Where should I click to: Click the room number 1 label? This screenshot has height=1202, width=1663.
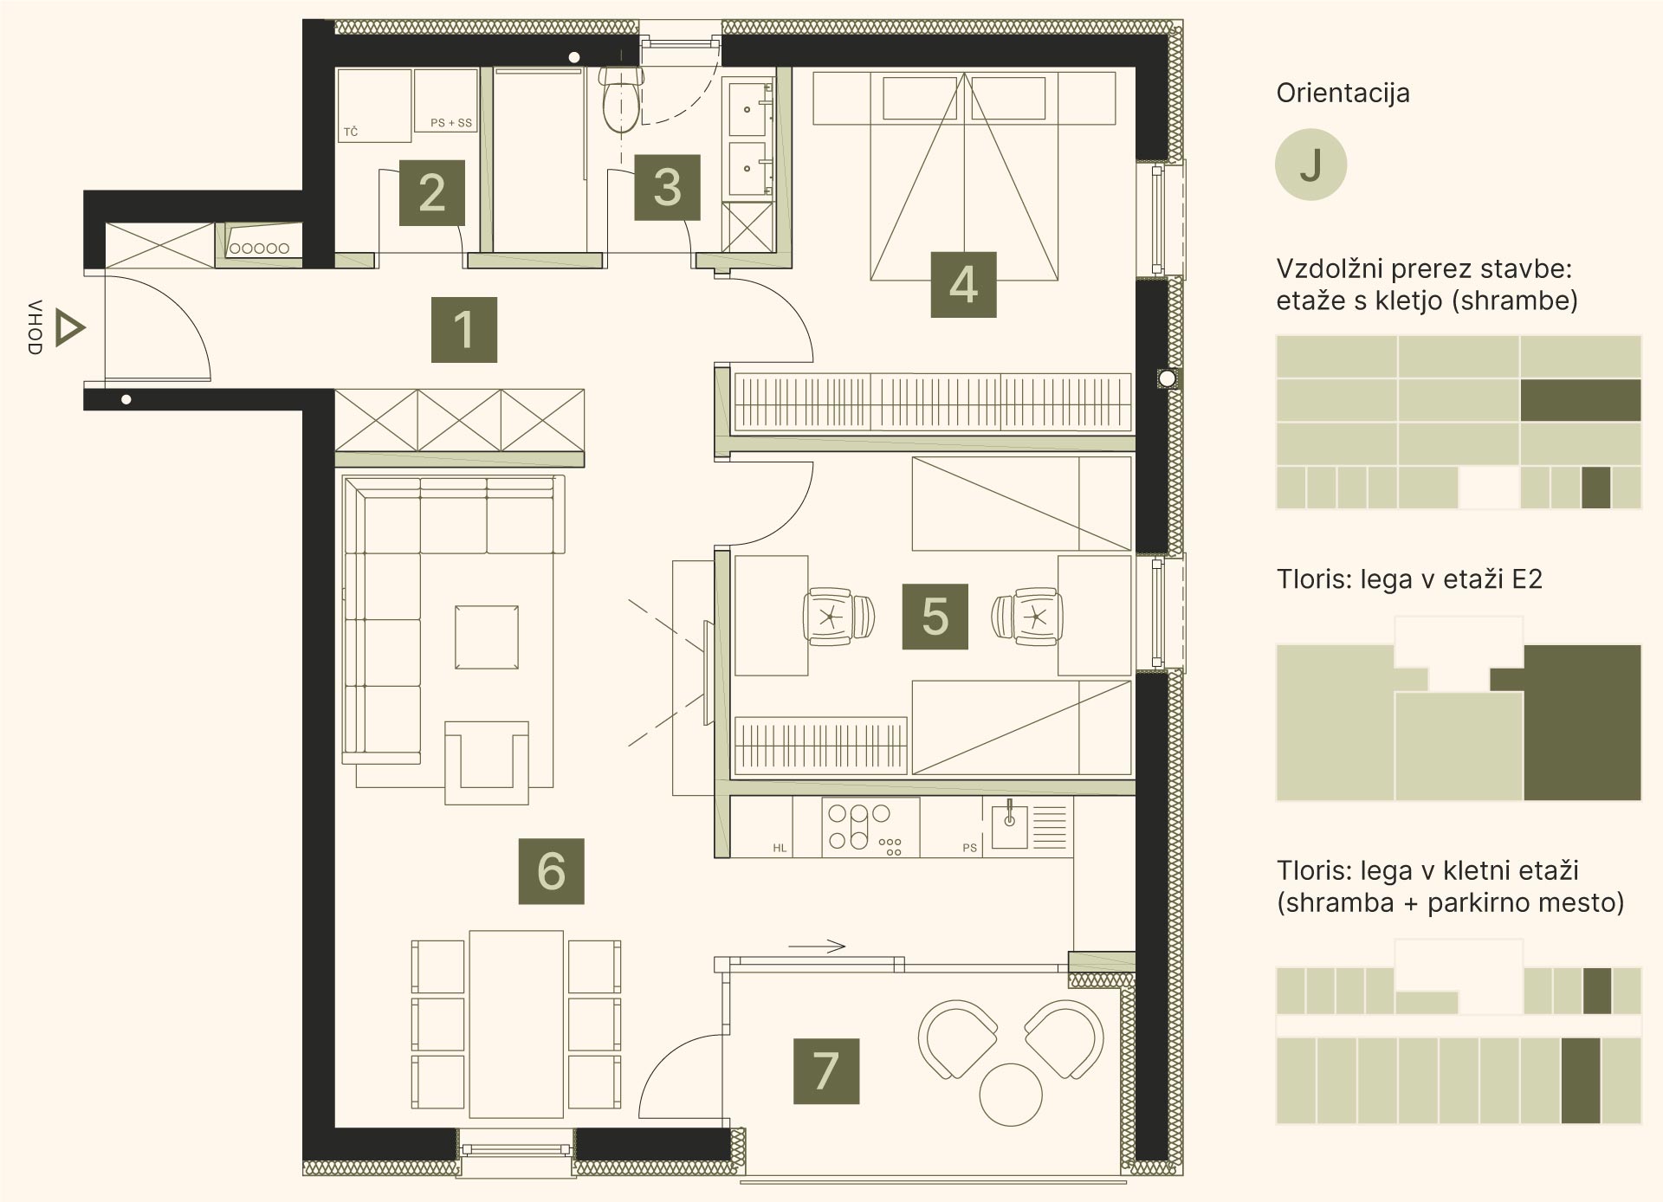click(464, 330)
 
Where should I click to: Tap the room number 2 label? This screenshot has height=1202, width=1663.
click(432, 193)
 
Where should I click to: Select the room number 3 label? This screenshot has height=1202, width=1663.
click(667, 187)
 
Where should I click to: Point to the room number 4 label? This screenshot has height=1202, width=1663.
click(963, 285)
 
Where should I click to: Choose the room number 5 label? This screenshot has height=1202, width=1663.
click(935, 617)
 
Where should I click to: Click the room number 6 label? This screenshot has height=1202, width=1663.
click(552, 871)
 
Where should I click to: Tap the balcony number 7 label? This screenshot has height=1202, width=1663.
click(826, 1071)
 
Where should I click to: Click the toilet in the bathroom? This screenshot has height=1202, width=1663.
click(620, 99)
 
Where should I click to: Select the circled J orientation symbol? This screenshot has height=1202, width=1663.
click(1310, 165)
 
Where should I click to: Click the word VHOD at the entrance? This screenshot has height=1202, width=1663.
click(35, 327)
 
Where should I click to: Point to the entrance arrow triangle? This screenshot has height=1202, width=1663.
click(69, 329)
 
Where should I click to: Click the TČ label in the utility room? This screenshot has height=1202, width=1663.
click(351, 132)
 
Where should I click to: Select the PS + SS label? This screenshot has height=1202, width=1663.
click(451, 123)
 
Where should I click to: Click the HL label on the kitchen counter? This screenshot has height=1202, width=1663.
click(780, 848)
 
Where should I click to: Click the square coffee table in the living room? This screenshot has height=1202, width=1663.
click(487, 637)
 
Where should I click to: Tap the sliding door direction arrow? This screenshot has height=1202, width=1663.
click(817, 946)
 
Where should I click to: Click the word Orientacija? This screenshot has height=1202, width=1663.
click(1343, 93)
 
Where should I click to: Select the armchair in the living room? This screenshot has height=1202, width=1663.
click(487, 762)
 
